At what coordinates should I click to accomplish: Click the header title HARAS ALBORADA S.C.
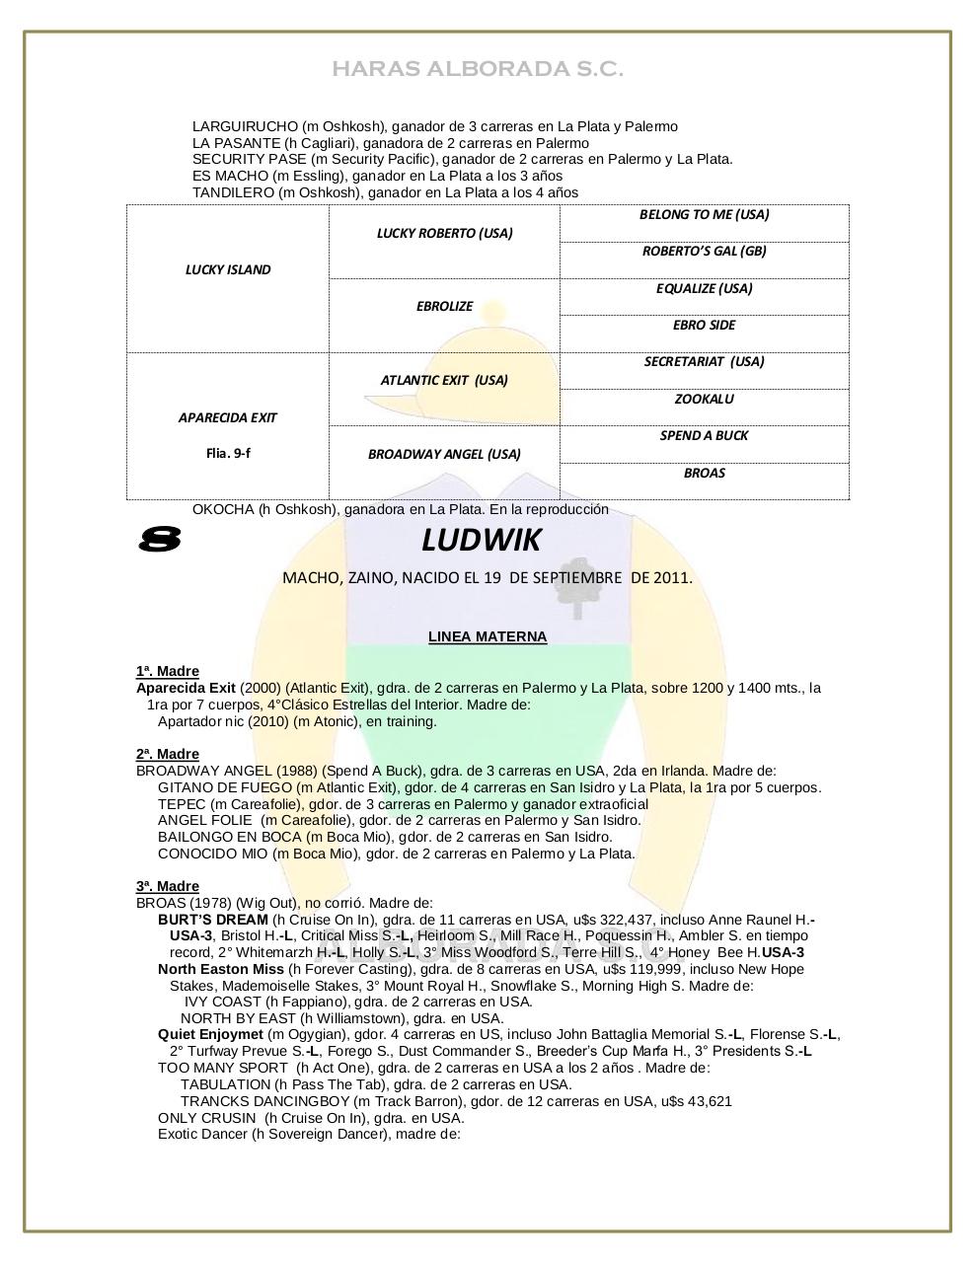pos(478,69)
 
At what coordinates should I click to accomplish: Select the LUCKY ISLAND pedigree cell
pos(228,269)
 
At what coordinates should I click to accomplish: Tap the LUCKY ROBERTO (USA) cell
pos(444,234)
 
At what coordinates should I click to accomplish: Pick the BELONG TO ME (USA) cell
pos(704,215)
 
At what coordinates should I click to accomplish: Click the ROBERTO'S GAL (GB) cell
pos(704,252)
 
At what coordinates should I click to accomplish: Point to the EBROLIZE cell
pos(444,307)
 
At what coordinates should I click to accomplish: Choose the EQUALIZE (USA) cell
pos(704,289)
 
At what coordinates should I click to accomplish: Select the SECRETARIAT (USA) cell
pos(704,362)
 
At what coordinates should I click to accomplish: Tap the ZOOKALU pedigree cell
pos(704,400)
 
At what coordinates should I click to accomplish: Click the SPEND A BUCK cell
pos(704,436)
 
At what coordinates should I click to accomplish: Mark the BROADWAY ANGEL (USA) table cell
pos(444,455)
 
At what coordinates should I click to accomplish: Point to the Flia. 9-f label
pos(228,454)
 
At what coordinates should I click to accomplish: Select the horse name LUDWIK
pos(482,541)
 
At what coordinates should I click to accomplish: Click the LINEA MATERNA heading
pos(488,636)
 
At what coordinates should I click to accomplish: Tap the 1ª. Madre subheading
pos(168,671)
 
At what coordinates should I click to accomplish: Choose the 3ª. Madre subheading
pos(168,886)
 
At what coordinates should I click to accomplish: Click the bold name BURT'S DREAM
pos(212,919)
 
